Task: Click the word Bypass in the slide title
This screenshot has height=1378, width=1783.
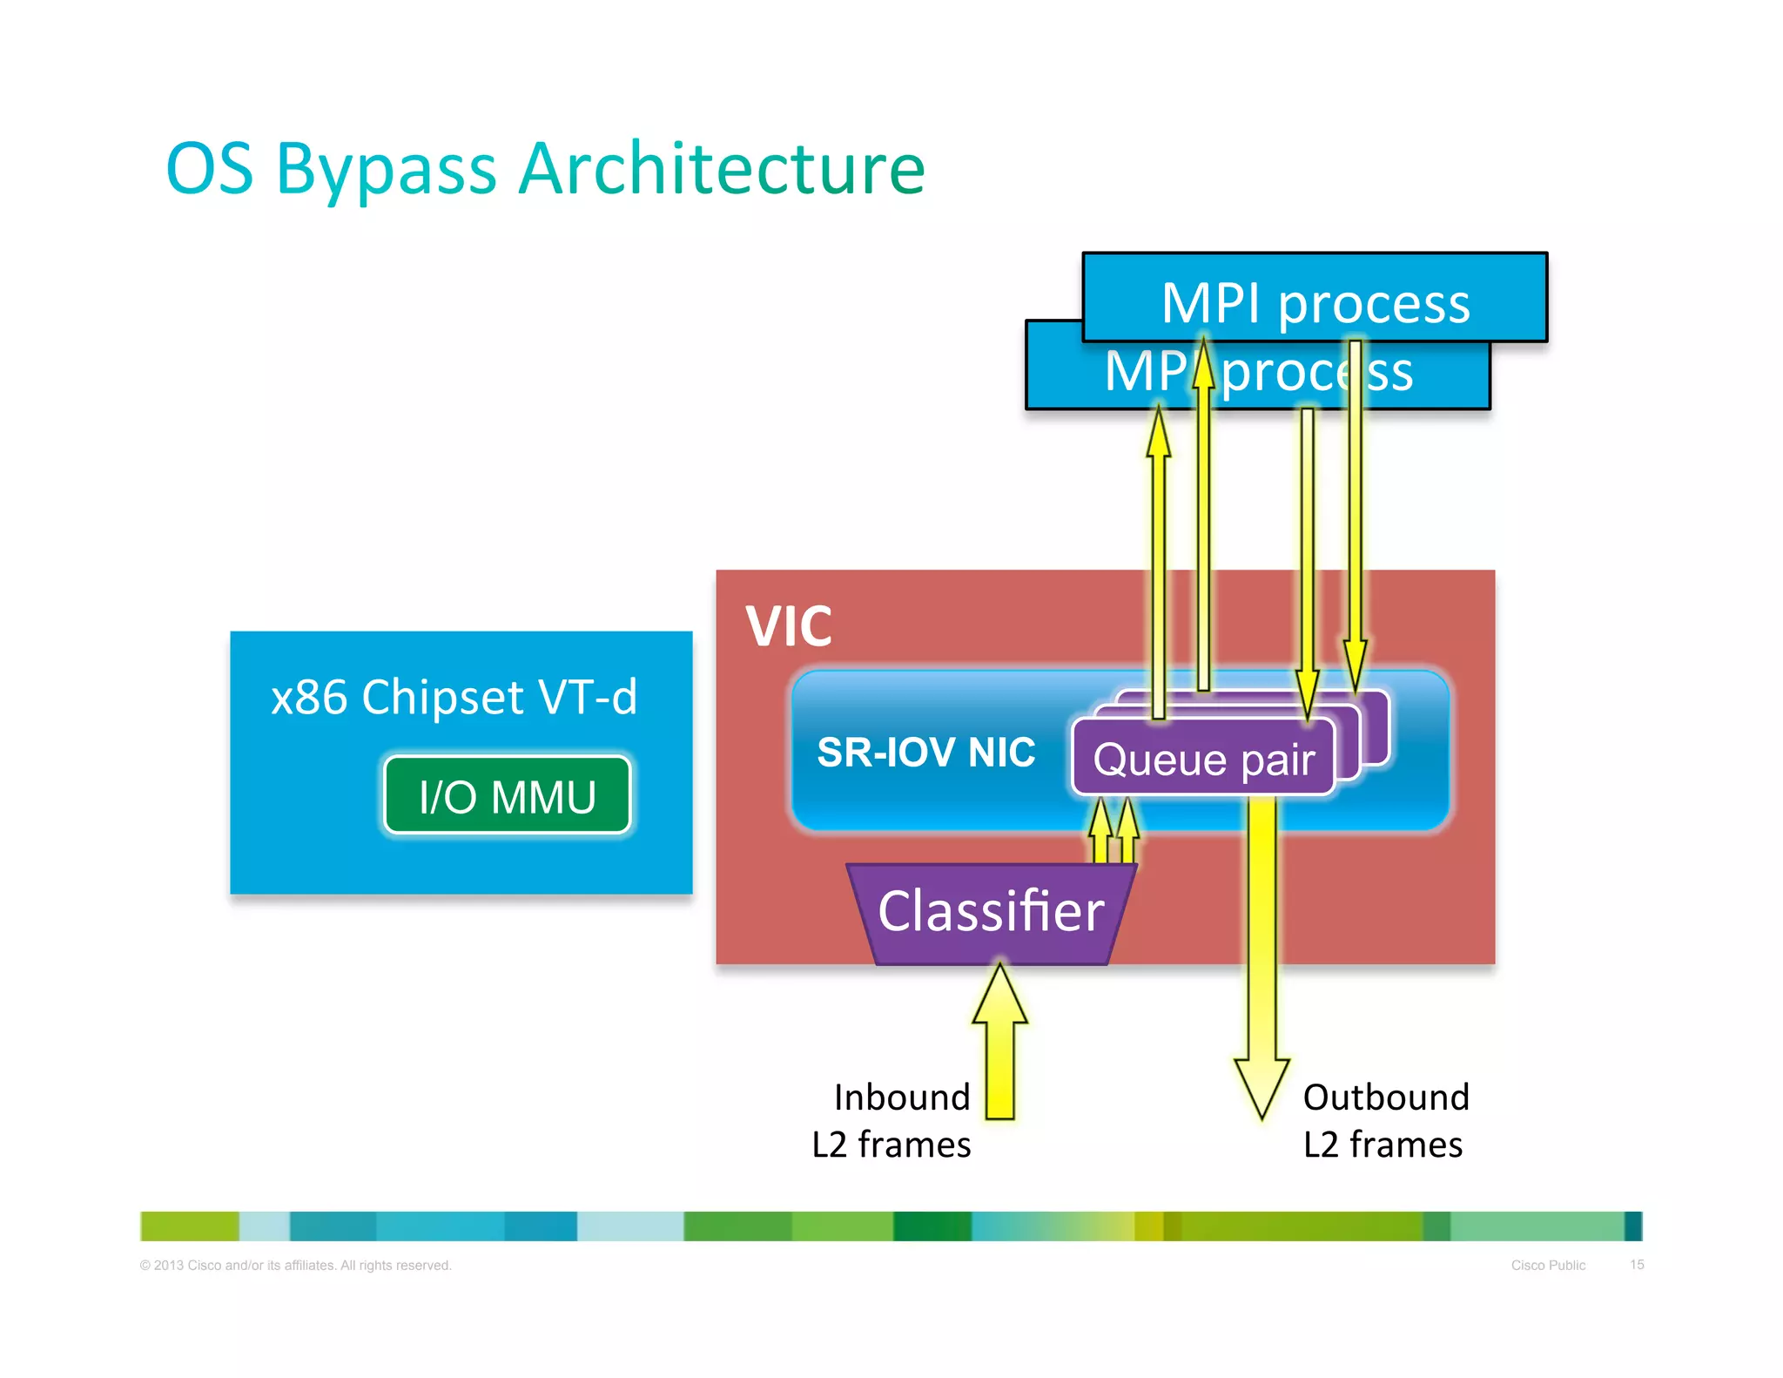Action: point(386,170)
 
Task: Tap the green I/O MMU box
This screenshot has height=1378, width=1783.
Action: point(507,795)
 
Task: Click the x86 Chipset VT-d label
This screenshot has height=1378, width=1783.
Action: point(454,697)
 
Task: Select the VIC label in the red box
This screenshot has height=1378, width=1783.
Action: point(789,626)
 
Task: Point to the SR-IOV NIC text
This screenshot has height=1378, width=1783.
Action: point(925,752)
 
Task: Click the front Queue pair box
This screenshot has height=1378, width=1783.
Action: point(1203,759)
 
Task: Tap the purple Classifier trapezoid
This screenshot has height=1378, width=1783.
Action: point(991,912)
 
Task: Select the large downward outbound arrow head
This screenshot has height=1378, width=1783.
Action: point(1262,1084)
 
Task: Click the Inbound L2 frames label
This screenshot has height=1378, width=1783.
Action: point(891,1120)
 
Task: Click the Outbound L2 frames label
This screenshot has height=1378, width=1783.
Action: point(1385,1120)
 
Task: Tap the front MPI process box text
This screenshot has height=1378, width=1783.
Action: point(1315,303)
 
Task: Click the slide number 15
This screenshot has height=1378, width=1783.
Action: point(1637,1264)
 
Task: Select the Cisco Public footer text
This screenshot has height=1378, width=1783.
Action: point(1548,1265)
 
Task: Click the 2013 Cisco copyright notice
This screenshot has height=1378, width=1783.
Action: point(295,1265)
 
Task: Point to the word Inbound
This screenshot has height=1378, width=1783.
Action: point(901,1097)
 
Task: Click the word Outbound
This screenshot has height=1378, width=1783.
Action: point(1386,1097)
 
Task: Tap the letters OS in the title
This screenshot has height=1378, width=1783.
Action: point(210,170)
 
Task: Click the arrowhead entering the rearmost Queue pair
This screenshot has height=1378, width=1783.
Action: point(1355,666)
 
